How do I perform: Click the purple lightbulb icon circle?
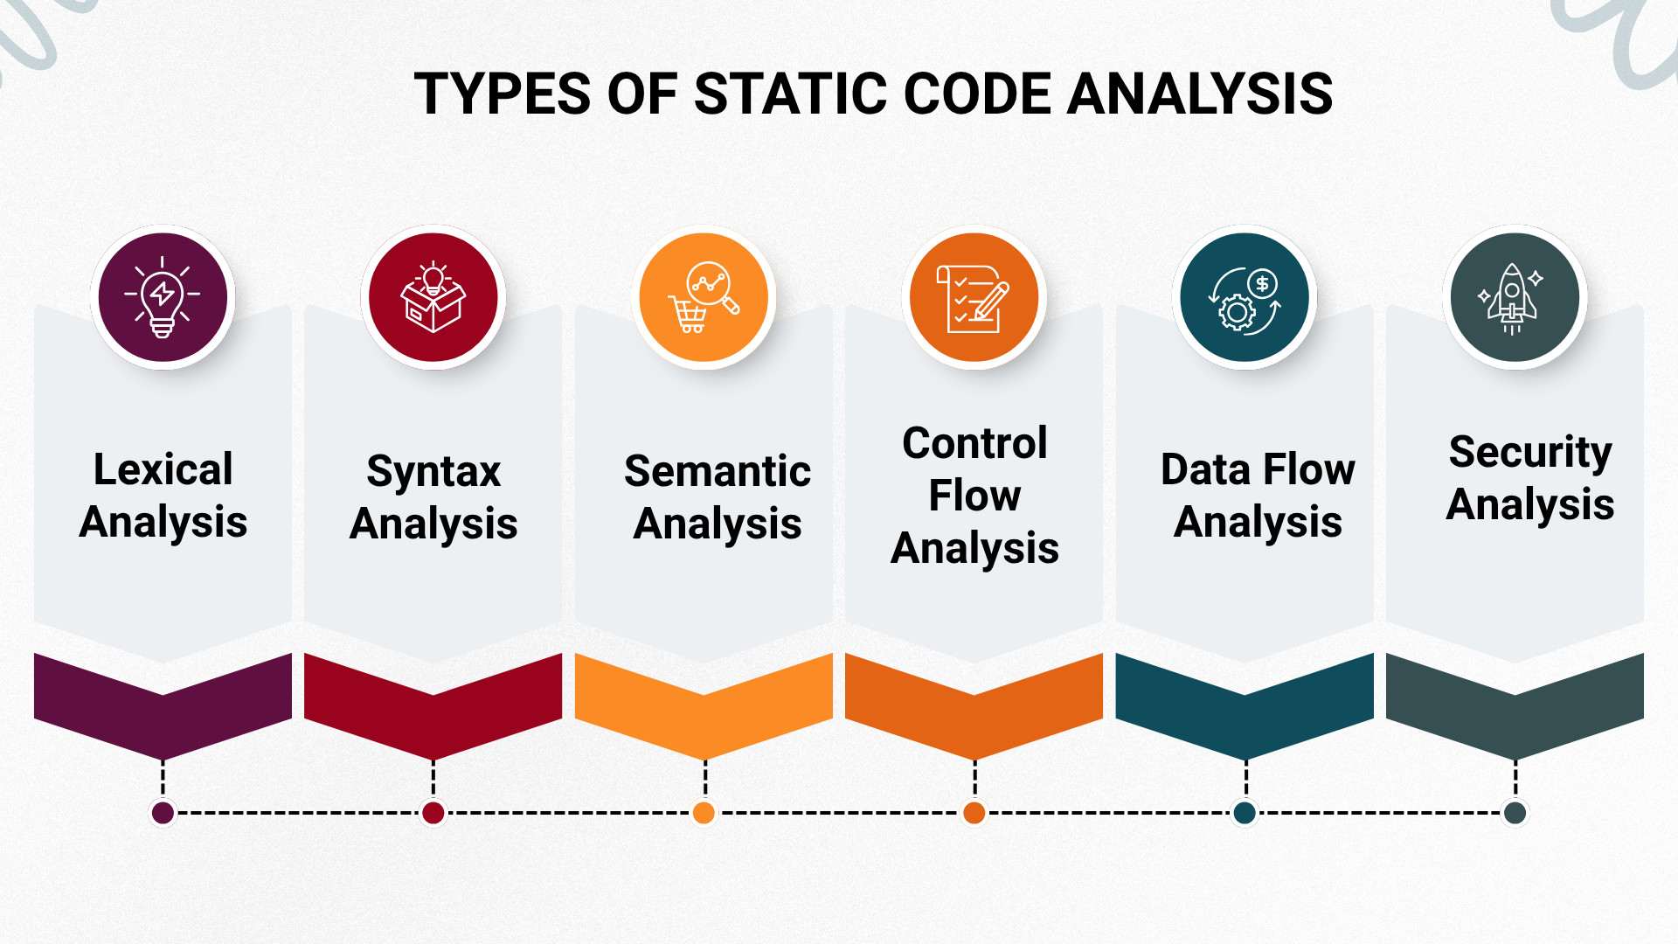point(163,297)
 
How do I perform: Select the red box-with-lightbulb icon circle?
point(433,297)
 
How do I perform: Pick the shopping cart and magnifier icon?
point(704,297)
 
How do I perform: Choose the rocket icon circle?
point(1515,297)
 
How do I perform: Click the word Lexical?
point(163,469)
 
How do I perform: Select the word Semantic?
point(718,471)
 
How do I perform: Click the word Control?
point(974,443)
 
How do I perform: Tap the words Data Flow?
point(1258,469)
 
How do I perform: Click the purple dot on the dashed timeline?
point(163,813)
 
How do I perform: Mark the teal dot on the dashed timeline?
point(1245,813)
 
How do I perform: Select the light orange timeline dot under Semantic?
point(704,813)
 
